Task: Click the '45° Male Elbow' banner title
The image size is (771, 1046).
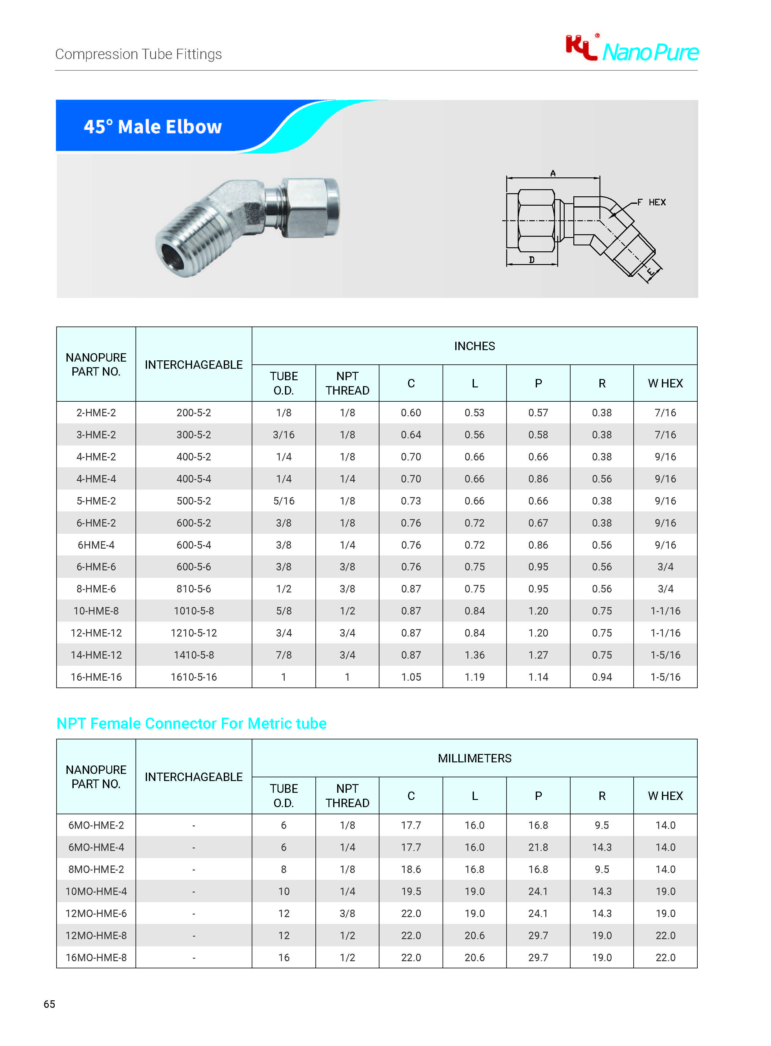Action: click(153, 127)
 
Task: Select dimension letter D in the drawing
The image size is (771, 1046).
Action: click(532, 260)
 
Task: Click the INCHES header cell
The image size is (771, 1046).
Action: click(474, 346)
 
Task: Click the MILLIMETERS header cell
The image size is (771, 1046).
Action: click(474, 758)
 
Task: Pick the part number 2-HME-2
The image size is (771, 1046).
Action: click(96, 413)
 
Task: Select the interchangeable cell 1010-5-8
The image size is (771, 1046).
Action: click(194, 611)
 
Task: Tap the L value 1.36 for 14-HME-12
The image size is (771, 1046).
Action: click(474, 655)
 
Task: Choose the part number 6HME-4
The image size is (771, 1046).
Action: click(96, 545)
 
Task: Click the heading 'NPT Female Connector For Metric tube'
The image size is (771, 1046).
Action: click(191, 723)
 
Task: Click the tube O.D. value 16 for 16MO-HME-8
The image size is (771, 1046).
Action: click(284, 958)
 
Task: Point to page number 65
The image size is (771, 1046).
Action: click(49, 1004)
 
